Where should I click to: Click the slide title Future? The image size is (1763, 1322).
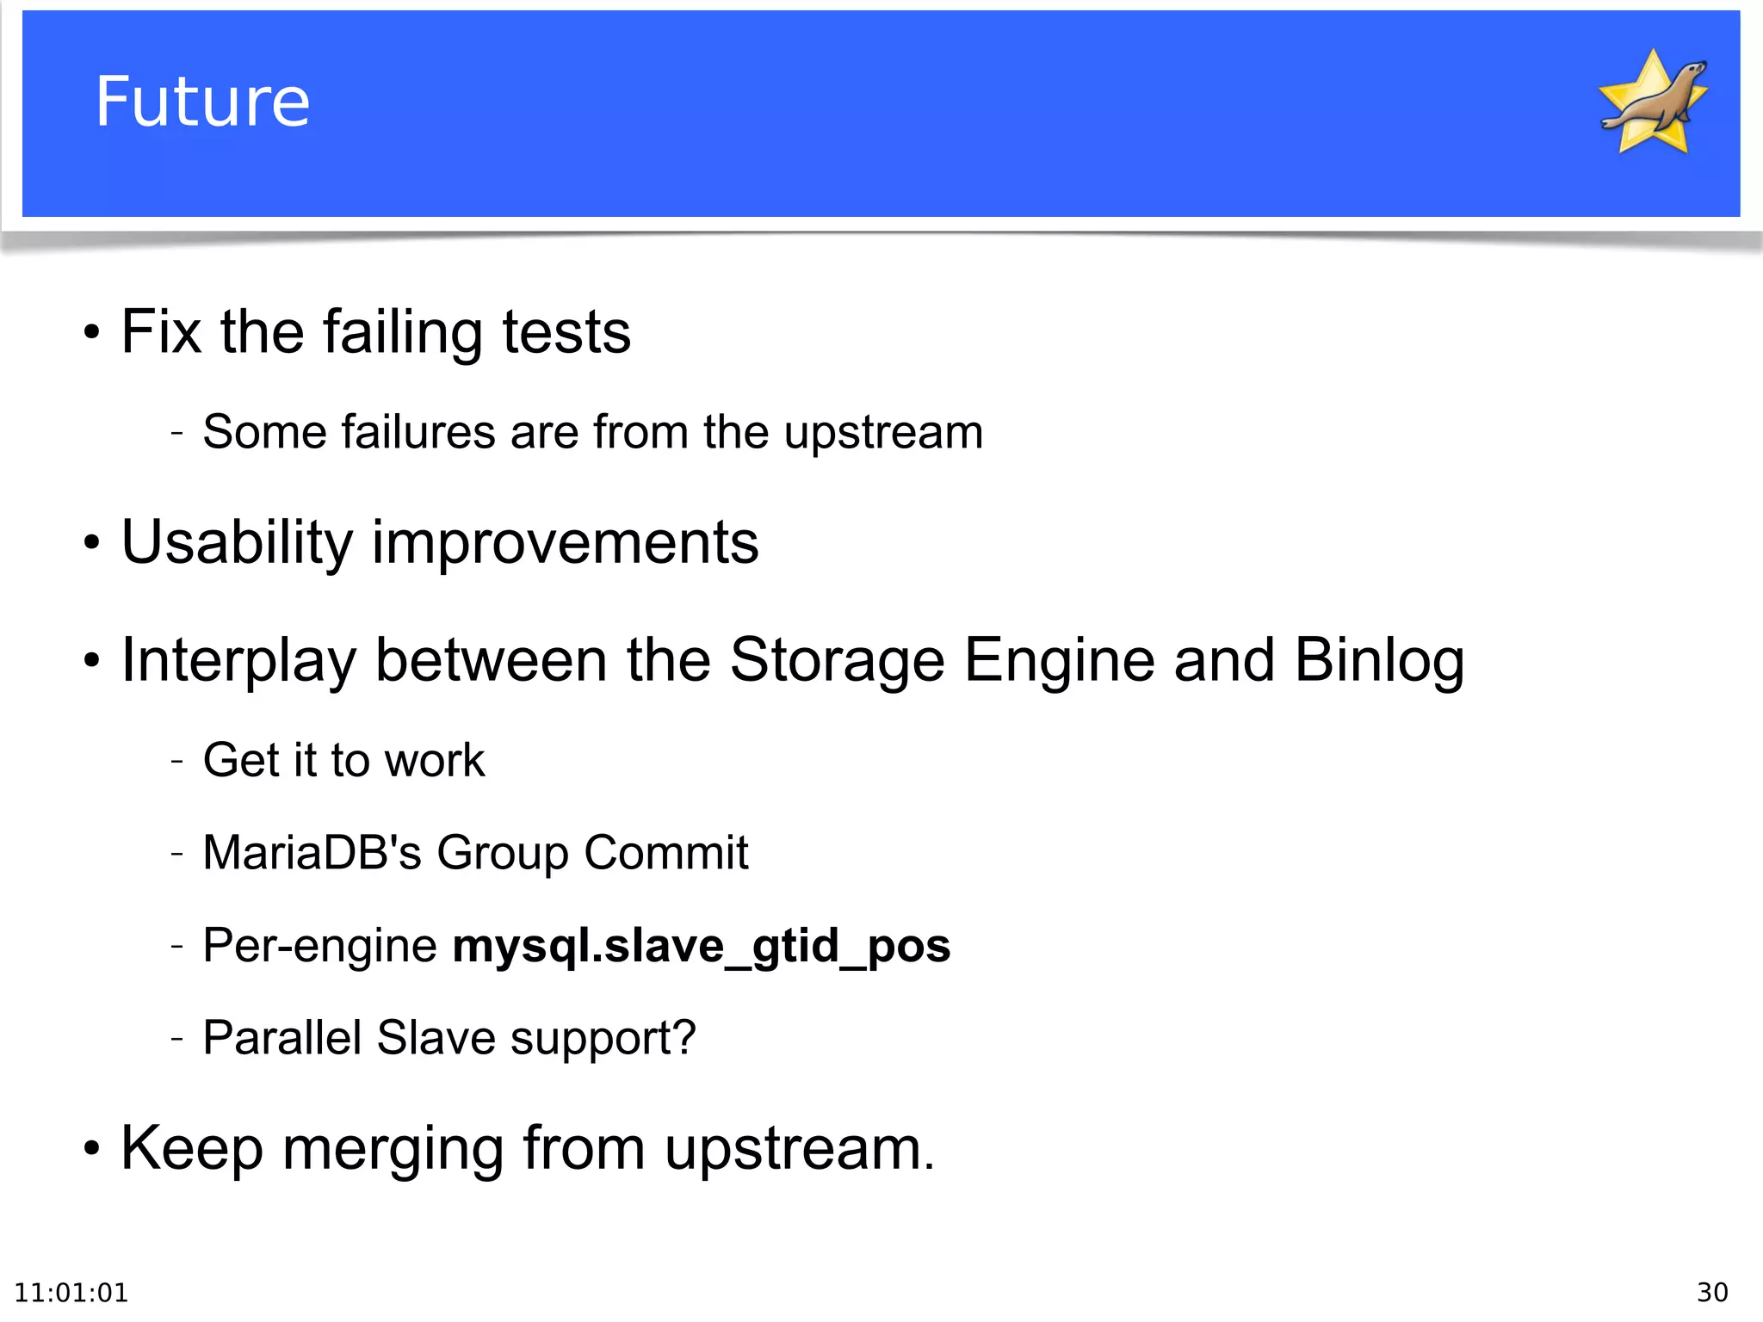click(x=202, y=102)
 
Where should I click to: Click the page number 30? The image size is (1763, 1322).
click(x=1712, y=1292)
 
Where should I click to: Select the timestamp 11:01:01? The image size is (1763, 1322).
click(x=71, y=1292)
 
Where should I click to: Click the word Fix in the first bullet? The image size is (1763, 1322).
click(x=161, y=331)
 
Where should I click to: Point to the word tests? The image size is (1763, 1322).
click(x=566, y=331)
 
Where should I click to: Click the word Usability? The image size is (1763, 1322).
click(x=237, y=542)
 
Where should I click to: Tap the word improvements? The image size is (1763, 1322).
click(x=566, y=542)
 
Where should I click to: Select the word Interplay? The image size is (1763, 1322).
click(x=238, y=661)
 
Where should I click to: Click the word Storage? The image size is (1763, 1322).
click(x=837, y=661)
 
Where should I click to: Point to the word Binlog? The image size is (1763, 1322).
click(x=1379, y=661)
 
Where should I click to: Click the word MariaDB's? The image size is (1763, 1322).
click(x=312, y=852)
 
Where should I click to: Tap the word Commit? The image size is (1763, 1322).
click(x=665, y=852)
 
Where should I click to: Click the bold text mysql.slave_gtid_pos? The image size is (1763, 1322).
click(x=702, y=946)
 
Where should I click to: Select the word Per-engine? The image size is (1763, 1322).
click(x=319, y=946)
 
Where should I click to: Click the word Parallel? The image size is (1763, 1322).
click(x=281, y=1037)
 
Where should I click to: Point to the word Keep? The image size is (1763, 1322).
click(x=191, y=1148)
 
